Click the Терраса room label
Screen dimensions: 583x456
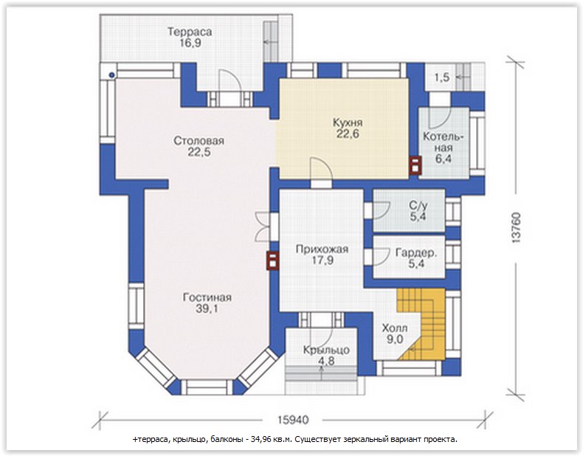pyautogui.click(x=190, y=32)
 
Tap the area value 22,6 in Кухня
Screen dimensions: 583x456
pyautogui.click(x=348, y=134)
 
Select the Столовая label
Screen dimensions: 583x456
pyautogui.click(x=199, y=141)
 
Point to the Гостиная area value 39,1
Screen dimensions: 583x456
pyautogui.click(x=207, y=308)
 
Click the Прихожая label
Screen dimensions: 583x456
pyautogui.click(x=322, y=249)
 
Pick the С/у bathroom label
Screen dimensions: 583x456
pyautogui.click(x=418, y=205)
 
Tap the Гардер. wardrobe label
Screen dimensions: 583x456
pyautogui.click(x=416, y=253)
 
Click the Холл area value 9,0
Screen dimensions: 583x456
pyautogui.click(x=395, y=339)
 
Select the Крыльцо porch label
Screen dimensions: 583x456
pyautogui.click(x=326, y=350)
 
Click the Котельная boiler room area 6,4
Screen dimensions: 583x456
pyautogui.click(x=444, y=159)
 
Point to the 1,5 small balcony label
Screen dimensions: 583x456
pyautogui.click(x=442, y=77)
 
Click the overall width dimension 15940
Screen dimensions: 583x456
pyautogui.click(x=293, y=420)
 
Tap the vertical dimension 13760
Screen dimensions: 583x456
pyautogui.click(x=516, y=228)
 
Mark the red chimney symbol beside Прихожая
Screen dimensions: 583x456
pyautogui.click(x=272, y=260)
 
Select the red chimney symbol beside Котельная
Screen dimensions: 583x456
pyautogui.click(x=415, y=165)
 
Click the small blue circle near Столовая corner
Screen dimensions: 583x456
pyautogui.click(x=111, y=75)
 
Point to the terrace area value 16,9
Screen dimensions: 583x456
pyautogui.click(x=190, y=43)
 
